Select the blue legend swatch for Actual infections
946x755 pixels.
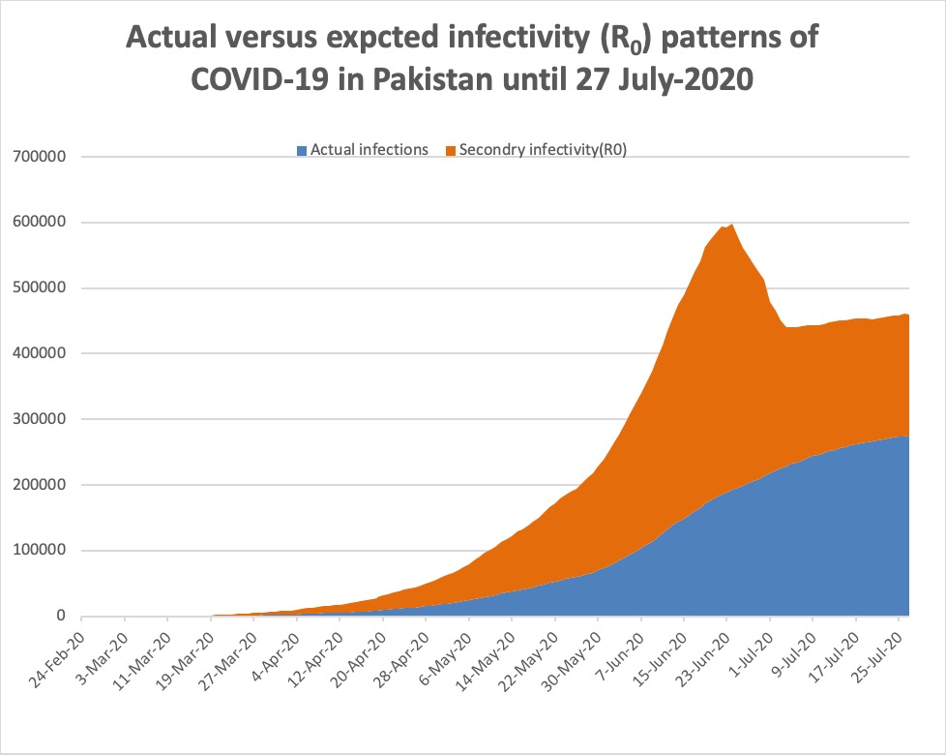(302, 150)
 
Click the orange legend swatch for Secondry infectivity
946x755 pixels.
(450, 150)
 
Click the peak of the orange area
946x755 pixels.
(731, 226)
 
